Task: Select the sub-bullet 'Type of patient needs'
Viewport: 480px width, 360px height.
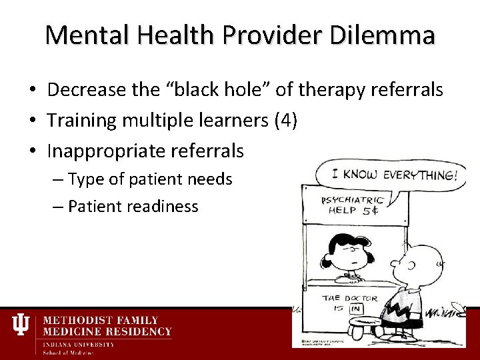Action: pos(150,179)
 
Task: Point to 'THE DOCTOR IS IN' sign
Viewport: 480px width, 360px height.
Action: pos(349,303)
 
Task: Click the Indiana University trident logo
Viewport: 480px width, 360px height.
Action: pos(21,325)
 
